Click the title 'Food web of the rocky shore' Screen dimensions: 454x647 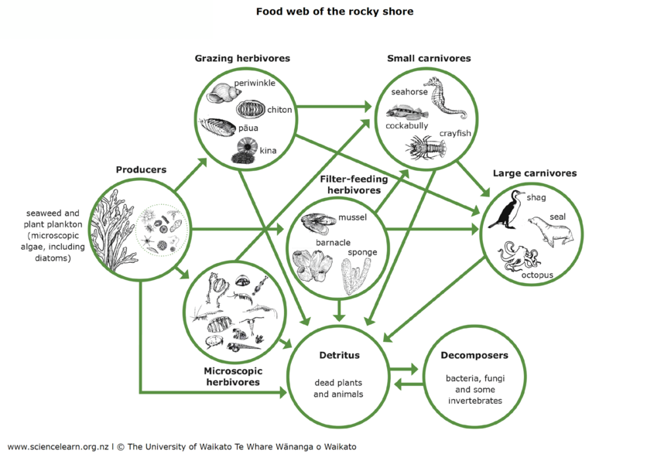pyautogui.click(x=334, y=12)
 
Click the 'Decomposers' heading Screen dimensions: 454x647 pyautogui.click(x=474, y=357)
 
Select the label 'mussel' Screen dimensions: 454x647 pyautogui.click(x=351, y=218)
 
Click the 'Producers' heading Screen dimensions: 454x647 pyautogui.click(x=141, y=169)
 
